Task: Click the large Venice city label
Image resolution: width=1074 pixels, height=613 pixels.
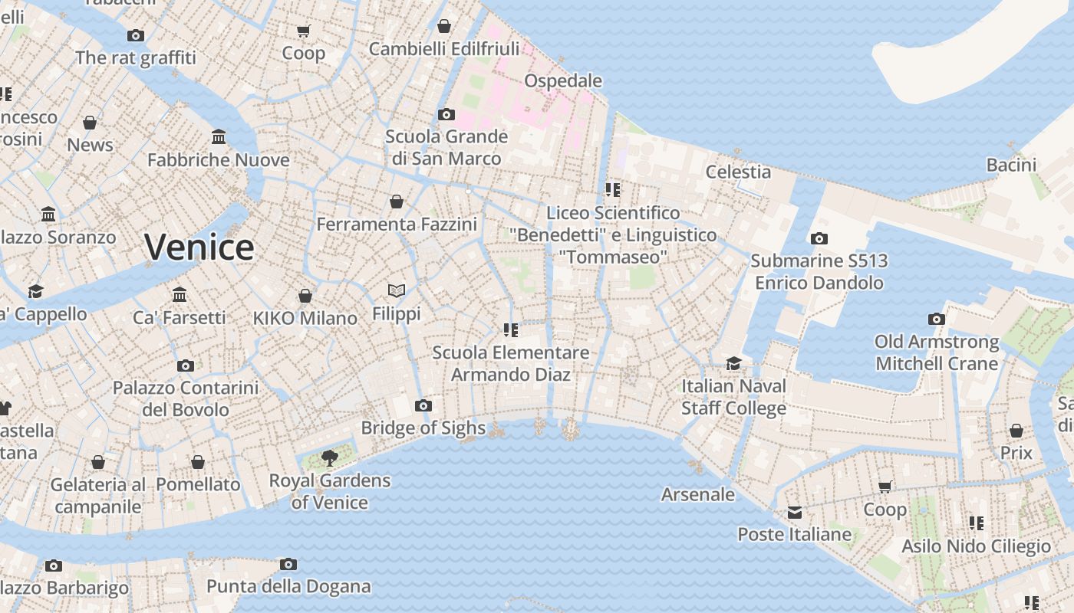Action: [199, 247]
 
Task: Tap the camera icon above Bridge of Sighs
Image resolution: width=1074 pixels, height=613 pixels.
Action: [423, 405]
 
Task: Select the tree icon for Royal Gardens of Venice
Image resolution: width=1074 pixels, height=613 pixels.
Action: [330, 458]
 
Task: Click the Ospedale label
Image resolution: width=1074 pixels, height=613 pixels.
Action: [563, 80]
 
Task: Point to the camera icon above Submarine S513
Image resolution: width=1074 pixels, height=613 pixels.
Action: [819, 238]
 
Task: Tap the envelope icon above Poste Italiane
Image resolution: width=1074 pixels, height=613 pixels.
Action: [794, 512]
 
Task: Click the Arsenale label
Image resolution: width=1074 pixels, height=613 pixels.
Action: [698, 494]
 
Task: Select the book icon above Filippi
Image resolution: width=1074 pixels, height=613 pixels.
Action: [397, 291]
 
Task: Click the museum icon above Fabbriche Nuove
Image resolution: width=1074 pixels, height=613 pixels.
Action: [219, 137]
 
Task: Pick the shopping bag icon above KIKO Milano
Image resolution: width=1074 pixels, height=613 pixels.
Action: [305, 296]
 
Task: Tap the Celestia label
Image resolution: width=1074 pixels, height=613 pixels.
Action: [738, 172]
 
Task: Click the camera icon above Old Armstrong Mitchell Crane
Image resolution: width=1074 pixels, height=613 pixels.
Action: [937, 319]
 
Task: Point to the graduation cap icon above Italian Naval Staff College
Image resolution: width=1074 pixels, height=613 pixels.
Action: [734, 363]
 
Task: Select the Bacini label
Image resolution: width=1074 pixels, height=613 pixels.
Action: [1011, 165]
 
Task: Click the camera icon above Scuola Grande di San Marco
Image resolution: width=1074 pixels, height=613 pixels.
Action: [446, 114]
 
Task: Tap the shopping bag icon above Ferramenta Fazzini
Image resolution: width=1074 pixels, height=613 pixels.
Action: [397, 202]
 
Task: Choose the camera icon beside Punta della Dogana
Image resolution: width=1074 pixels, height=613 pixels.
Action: [288, 565]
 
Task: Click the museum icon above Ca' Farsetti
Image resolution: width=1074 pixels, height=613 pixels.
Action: [180, 295]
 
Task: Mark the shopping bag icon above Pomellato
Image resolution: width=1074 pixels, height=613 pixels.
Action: [198, 462]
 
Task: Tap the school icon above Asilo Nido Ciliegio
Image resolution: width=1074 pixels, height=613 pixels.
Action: [976, 523]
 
